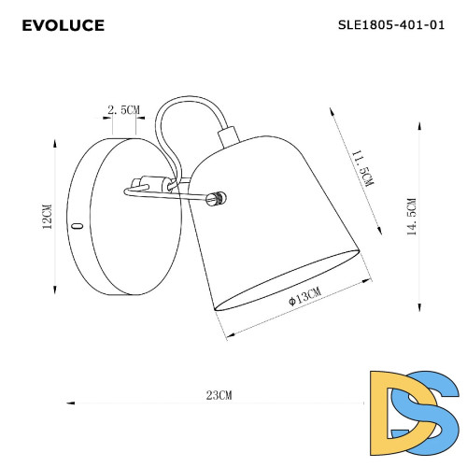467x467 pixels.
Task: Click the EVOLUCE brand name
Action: [x=63, y=25]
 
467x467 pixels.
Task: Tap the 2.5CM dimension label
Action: [x=124, y=110]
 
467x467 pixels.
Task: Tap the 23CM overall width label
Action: [x=218, y=397]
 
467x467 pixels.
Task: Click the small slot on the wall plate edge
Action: [x=78, y=226]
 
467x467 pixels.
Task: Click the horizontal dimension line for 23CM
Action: [x=140, y=403]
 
